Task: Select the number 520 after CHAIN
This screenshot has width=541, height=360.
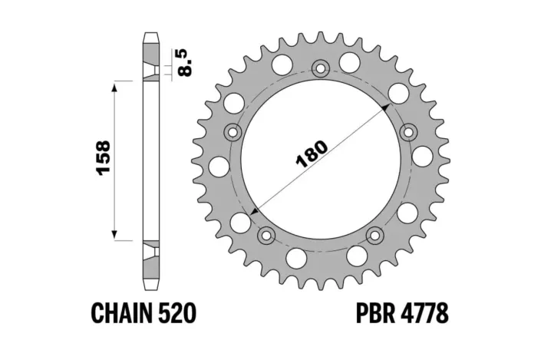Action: coord(179,314)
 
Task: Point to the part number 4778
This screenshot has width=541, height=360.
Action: coord(426,314)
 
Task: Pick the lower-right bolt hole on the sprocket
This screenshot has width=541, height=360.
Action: coord(375,233)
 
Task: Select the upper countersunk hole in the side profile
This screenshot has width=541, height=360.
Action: coord(148,72)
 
